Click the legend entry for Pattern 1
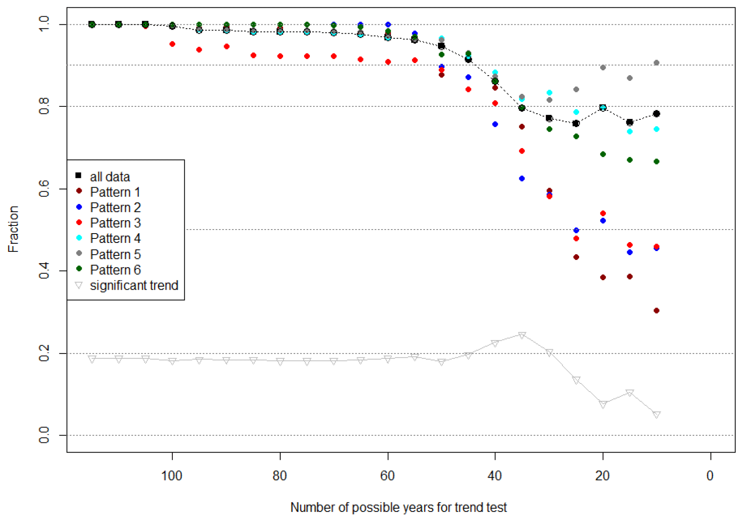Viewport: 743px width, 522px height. pos(115,192)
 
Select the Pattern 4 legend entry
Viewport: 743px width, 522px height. pos(115,238)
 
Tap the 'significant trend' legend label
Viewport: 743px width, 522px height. pos(134,286)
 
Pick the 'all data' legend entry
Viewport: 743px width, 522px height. pos(110,177)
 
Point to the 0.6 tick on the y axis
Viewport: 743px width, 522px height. pos(44,189)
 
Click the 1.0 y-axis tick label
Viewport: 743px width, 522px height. pos(44,24)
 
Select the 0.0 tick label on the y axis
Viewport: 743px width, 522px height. pos(44,435)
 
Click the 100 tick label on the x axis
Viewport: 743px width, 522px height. pos(172,476)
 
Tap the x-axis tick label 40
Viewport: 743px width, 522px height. pos(495,476)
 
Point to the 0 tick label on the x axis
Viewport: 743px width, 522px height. pos(710,476)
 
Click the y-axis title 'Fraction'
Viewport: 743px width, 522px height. pos(13,229)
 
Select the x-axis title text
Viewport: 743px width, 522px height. pos(399,507)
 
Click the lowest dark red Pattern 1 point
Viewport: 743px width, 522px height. pos(656,311)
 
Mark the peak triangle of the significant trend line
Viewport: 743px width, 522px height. pos(522,335)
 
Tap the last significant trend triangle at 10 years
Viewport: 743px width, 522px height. pos(656,414)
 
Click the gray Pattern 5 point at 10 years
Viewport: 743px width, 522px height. pos(656,63)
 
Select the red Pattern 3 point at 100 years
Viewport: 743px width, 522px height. pos(172,44)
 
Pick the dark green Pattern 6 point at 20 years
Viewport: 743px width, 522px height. pos(603,154)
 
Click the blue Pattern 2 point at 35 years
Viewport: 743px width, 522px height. pos(522,179)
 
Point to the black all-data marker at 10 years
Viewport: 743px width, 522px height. pos(656,114)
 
